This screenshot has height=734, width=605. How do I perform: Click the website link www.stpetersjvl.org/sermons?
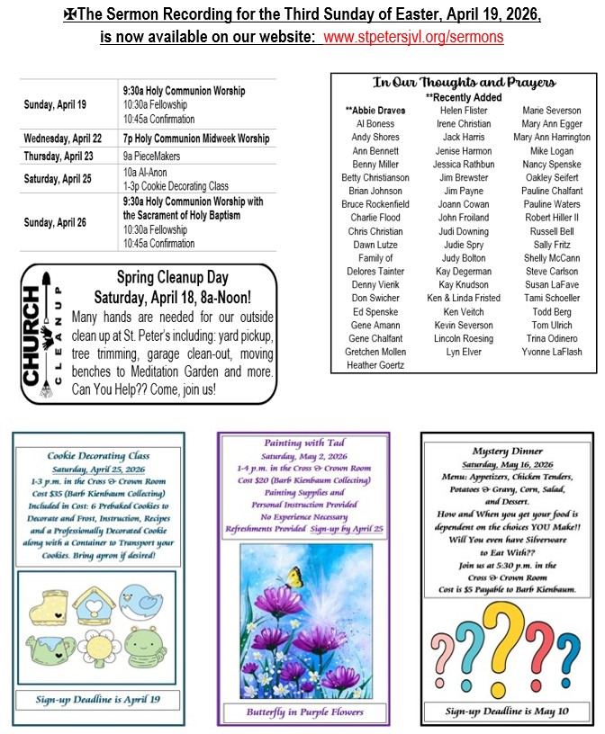pyautogui.click(x=413, y=38)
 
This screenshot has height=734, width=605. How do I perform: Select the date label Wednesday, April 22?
pyautogui.click(x=63, y=139)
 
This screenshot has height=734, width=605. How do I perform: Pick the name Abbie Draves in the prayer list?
pyautogui.click(x=375, y=110)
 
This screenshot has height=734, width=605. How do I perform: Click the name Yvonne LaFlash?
pyautogui.click(x=551, y=352)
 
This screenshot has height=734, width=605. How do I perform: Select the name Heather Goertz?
pyautogui.click(x=375, y=365)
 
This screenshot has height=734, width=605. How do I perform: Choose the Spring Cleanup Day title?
pyautogui.click(x=173, y=278)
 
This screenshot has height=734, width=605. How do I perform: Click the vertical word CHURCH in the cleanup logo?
pyautogui.click(x=32, y=336)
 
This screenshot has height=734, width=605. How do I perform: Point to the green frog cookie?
pyautogui.click(x=141, y=645)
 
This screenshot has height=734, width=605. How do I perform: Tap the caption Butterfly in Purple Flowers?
pyautogui.click(x=302, y=712)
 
